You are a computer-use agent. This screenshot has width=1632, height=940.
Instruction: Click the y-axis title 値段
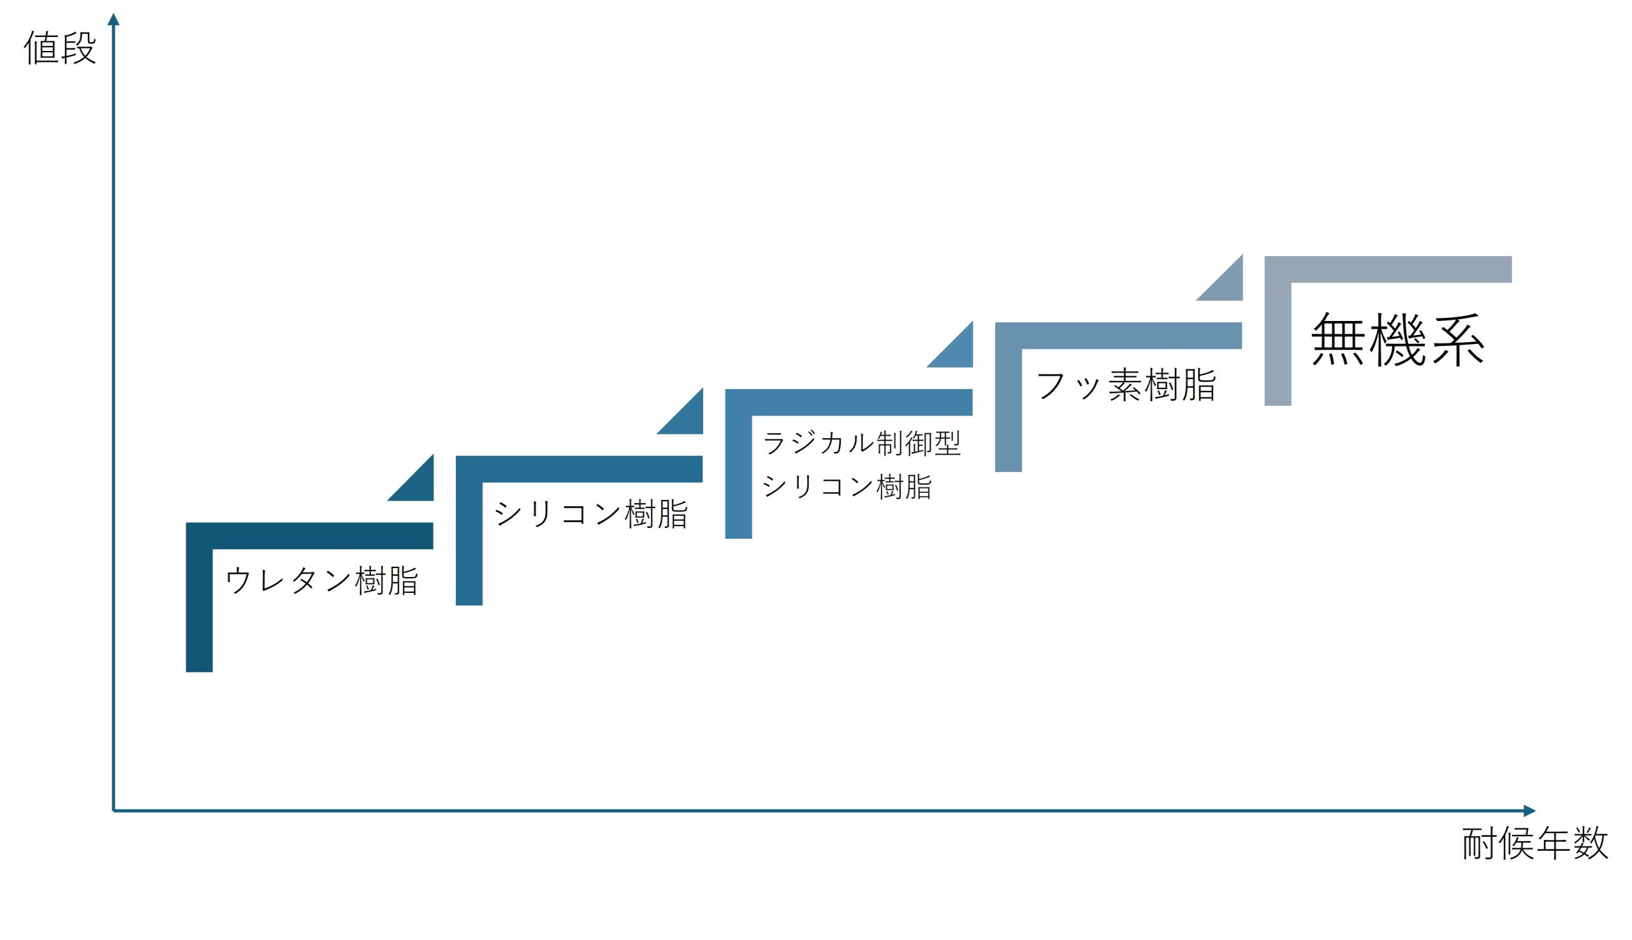pos(60,48)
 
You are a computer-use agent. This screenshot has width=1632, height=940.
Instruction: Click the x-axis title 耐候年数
pos(1535,843)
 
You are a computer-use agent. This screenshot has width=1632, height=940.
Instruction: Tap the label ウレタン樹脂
pos(322,580)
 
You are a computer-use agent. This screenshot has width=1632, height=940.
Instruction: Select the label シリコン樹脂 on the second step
pos(591,514)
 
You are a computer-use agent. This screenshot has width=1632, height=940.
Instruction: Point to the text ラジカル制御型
pos(862,443)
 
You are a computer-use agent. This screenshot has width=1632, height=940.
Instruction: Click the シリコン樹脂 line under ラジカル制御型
pos(847,486)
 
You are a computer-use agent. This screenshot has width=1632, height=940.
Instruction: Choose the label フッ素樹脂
pos(1126,385)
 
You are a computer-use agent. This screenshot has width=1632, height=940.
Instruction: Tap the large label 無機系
pos(1399,339)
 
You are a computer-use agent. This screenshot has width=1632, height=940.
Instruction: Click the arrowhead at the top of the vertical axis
pos(113,19)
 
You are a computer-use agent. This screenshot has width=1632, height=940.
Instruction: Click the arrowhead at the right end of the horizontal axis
pos(1529,811)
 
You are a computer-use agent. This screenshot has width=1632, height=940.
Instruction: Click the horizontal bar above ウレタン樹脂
pos(309,536)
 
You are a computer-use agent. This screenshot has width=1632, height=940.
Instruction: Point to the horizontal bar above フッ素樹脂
pos(1118,336)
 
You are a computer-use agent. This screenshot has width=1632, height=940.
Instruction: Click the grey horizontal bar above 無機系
pos(1388,269)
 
